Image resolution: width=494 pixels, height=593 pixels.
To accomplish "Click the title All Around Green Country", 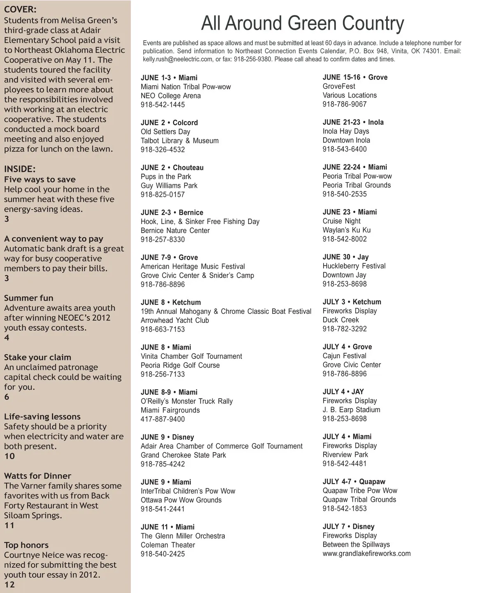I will (303, 23).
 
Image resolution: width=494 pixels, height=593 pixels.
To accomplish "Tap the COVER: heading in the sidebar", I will (20, 9).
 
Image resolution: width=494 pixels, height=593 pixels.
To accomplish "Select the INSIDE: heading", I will (20, 169).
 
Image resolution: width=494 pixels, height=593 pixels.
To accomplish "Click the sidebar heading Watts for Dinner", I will (37, 476).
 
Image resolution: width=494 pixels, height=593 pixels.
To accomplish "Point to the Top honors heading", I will (26, 545).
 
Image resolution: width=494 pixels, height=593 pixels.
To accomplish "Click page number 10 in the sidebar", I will (9, 456).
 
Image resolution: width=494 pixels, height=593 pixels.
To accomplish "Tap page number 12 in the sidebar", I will (9, 585).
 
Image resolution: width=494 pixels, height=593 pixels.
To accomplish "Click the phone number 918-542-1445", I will (163, 105).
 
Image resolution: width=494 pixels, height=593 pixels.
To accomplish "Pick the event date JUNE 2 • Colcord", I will (169, 123).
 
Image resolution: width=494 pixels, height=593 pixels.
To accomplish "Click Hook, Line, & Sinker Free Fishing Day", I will (200, 222).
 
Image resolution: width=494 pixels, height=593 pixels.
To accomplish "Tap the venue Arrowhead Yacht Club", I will (175, 320).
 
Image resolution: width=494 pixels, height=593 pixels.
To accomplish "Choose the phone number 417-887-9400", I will (163, 419).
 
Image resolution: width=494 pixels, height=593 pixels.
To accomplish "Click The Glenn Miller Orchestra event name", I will (183, 536).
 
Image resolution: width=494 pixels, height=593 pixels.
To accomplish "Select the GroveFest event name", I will (339, 86).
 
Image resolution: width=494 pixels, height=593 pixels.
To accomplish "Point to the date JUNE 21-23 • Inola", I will (353, 122).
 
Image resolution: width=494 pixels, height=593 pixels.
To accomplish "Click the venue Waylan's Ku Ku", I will (346, 230).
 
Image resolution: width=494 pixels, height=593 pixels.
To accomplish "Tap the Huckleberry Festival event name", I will (354, 266).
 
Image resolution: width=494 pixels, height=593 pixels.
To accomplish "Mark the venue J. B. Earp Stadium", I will (351, 410).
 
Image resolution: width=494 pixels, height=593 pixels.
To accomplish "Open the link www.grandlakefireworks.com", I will (366, 553).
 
